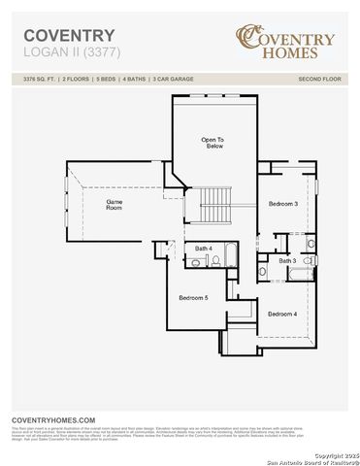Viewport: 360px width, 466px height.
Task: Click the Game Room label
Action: (115, 204)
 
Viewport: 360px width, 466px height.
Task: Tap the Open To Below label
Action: (214, 143)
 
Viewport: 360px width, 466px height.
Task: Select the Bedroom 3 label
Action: (282, 203)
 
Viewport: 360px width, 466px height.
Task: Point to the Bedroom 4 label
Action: (282, 314)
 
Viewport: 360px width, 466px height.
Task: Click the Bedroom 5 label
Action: (193, 297)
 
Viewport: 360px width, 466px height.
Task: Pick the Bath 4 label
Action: (203, 249)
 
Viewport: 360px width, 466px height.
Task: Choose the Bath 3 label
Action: (287, 261)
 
